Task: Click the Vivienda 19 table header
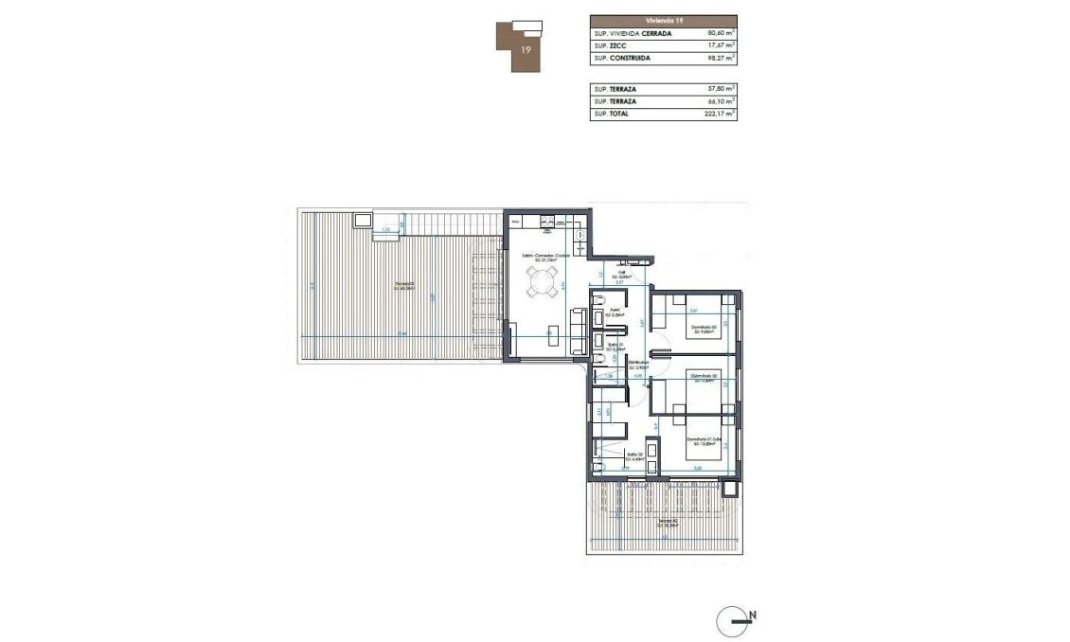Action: pyautogui.click(x=663, y=19)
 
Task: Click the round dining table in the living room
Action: pyautogui.click(x=543, y=280)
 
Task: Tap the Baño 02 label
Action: pyautogui.click(x=612, y=457)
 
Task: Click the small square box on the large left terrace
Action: pyautogui.click(x=362, y=222)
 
